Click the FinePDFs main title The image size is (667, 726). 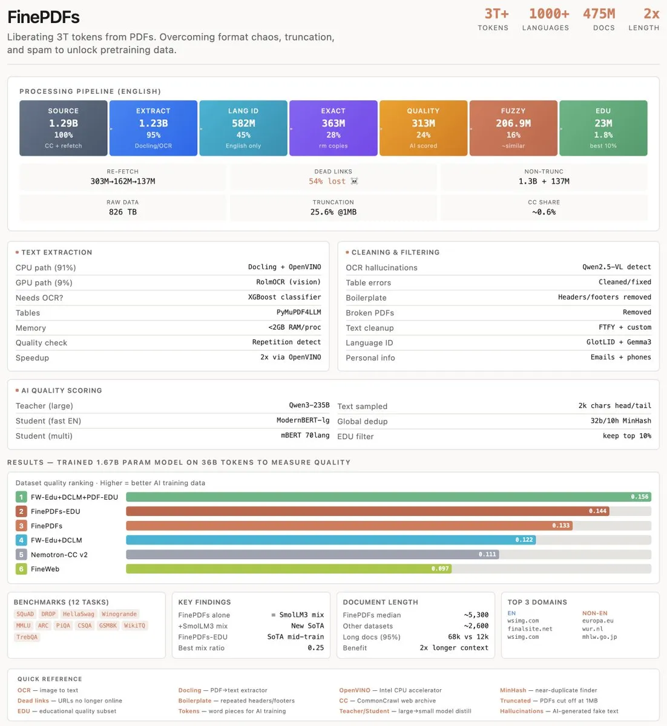[44, 17]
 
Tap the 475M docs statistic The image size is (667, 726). [599, 14]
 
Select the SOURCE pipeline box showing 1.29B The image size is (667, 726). [64, 128]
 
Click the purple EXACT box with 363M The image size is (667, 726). [333, 128]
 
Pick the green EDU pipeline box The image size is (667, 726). [603, 128]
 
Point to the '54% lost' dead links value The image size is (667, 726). [327, 181]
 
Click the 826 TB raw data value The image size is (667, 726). [123, 212]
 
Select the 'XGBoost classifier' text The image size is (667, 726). [284, 297]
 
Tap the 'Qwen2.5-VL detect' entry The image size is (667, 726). [616, 267]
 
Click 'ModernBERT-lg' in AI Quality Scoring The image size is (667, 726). [303, 420]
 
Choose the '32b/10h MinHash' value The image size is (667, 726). [620, 420]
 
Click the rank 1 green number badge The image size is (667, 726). [21, 497]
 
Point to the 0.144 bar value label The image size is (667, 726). [597, 511]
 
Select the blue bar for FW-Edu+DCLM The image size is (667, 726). [331, 540]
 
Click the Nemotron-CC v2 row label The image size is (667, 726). [59, 554]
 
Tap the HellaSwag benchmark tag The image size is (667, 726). [78, 614]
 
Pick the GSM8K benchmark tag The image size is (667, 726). [108, 626]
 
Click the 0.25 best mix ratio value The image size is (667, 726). [316, 648]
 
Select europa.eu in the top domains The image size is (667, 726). [597, 621]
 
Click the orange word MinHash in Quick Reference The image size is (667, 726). [513, 690]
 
